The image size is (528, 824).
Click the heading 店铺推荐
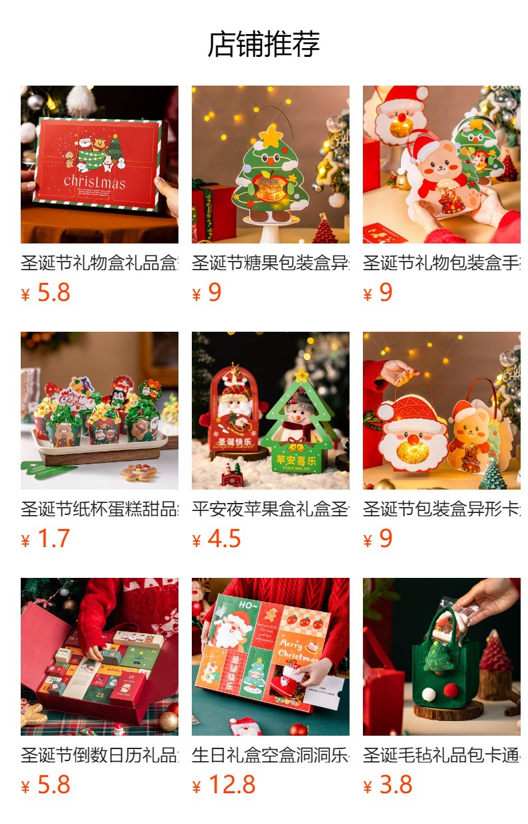click(263, 44)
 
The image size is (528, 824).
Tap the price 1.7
click(53, 538)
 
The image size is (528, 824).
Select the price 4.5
click(224, 538)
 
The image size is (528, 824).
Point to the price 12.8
click(231, 785)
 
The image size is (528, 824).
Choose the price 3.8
click(396, 785)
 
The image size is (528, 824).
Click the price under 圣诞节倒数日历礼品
click(53, 785)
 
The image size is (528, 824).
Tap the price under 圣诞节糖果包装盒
click(214, 292)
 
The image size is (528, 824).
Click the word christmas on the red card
click(94, 181)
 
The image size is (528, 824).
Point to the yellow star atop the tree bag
click(271, 136)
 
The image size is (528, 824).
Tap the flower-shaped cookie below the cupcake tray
click(139, 473)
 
